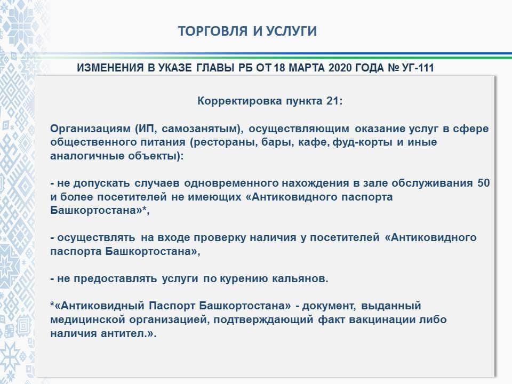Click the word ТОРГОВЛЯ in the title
pos(213,31)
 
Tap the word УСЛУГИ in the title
pos(291,31)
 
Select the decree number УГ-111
pos(418,68)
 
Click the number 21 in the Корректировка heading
pos(333,101)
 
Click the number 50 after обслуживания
pos(484,183)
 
